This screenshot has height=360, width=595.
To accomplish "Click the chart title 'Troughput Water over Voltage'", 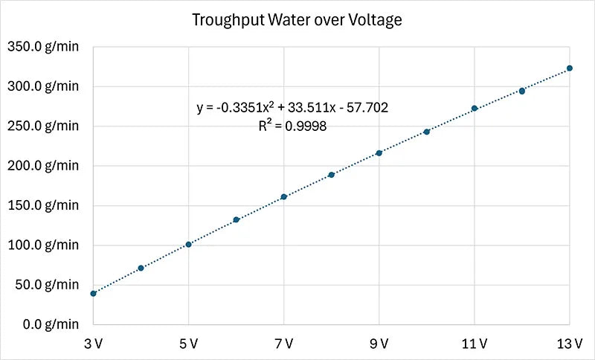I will (x=297, y=20).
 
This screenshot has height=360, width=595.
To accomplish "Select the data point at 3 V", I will (x=93, y=293).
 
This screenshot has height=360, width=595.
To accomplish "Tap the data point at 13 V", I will (x=570, y=68).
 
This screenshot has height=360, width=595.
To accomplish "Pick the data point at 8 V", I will (x=331, y=175).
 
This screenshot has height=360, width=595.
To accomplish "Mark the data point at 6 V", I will (x=236, y=219).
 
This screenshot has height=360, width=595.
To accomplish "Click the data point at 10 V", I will (x=427, y=132).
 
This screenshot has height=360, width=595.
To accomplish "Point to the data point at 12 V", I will (x=522, y=91).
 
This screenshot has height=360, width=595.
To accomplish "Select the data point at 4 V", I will (x=141, y=268).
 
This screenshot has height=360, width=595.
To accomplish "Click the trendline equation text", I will (x=292, y=108).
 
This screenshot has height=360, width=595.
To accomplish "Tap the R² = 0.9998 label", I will (x=292, y=126).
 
